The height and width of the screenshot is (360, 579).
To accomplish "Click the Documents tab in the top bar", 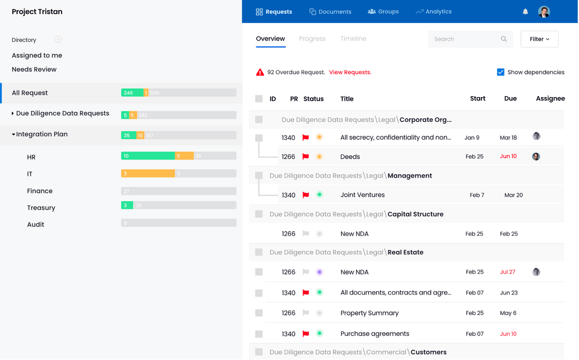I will click(330, 12).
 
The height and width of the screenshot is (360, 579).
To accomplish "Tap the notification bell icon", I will click(525, 12).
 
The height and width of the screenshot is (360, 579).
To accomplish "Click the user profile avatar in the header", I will click(544, 12).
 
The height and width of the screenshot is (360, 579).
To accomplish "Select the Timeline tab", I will click(353, 39).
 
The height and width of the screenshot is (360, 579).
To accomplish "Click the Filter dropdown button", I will click(539, 39).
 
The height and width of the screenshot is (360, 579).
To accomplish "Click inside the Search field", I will click(464, 39).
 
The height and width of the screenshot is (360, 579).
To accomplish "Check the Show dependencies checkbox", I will click(501, 72).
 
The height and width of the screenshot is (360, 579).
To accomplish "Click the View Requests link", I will click(350, 72).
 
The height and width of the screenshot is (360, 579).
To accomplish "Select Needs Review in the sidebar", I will click(34, 69).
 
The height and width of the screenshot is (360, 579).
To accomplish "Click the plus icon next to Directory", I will click(58, 39).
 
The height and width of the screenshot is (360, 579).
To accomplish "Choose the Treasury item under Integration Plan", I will click(41, 208).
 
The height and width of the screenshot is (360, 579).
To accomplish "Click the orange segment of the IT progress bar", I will click(148, 173).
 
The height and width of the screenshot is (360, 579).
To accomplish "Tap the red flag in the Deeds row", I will click(306, 157).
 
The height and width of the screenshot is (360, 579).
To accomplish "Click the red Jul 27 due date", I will click(507, 272).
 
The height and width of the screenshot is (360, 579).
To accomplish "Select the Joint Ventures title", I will click(362, 195).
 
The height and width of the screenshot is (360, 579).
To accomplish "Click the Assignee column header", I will click(550, 99).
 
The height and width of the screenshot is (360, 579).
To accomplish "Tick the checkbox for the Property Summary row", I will click(259, 313).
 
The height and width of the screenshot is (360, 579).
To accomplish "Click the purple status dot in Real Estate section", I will click(320, 272).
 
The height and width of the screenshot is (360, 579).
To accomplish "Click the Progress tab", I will click(313, 39).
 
